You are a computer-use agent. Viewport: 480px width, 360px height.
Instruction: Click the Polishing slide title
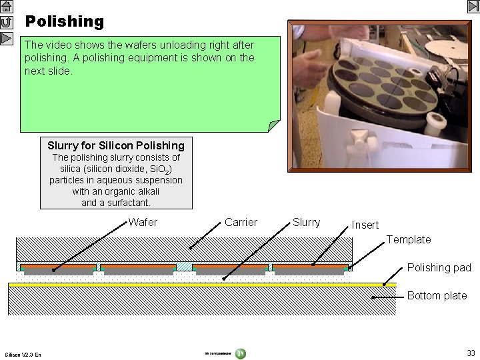(x=65, y=21)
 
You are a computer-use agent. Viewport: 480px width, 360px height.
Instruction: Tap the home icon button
(x=7, y=7)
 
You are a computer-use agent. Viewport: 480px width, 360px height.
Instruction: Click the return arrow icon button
(x=7, y=22)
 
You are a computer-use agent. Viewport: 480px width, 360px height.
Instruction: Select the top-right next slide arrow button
(x=473, y=7)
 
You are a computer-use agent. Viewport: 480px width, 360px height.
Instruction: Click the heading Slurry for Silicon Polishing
(x=116, y=145)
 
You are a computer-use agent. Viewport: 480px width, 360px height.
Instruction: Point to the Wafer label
(x=143, y=222)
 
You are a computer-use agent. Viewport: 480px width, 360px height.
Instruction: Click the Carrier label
(x=241, y=222)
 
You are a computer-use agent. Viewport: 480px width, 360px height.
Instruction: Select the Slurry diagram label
(x=306, y=222)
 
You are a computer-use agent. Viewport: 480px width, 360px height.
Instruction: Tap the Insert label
(x=365, y=225)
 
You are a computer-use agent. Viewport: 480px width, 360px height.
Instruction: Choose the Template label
(x=409, y=239)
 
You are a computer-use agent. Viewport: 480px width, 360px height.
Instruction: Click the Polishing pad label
(x=439, y=267)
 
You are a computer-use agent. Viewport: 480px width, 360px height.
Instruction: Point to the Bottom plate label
(x=437, y=295)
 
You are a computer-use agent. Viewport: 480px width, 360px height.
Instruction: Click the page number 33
(x=471, y=353)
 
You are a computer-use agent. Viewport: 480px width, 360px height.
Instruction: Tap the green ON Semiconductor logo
(x=240, y=353)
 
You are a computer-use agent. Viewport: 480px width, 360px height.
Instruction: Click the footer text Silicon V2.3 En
(x=23, y=354)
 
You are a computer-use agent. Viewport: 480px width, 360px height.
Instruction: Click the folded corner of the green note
(x=273, y=126)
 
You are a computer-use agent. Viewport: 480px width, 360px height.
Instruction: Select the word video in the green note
(x=72, y=45)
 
